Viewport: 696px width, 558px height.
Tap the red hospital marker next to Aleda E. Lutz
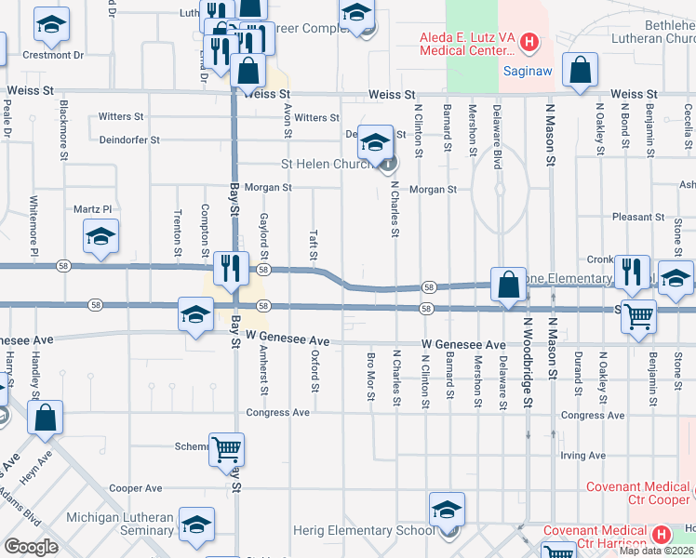coord(529,41)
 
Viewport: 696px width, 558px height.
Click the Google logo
coord(32,547)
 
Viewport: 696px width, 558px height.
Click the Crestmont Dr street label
coord(53,55)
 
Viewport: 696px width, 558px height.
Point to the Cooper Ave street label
coord(135,488)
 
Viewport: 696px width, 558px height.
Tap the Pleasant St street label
coord(637,217)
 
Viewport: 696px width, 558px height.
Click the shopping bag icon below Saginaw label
coord(580,73)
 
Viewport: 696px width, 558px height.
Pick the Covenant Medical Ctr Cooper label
coord(638,493)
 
